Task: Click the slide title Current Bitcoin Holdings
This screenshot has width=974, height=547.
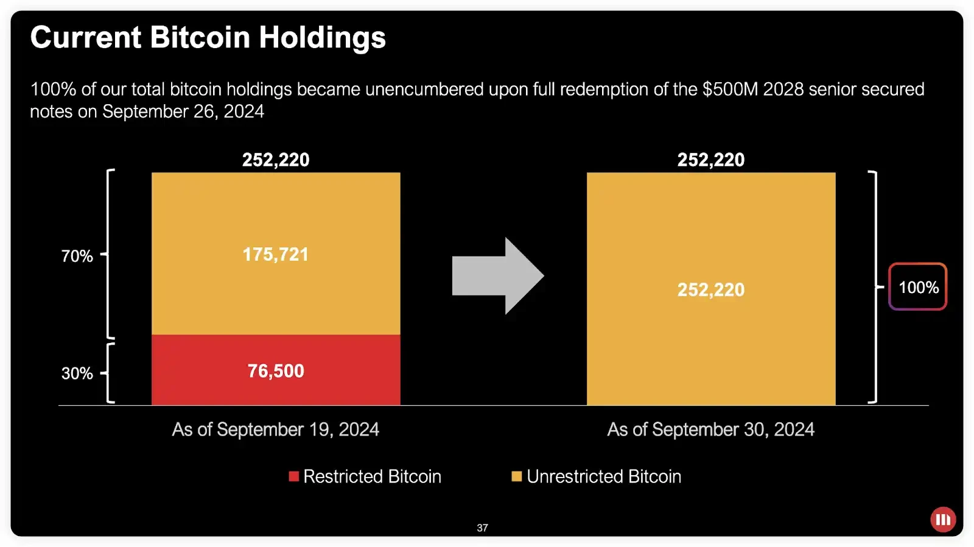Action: [x=208, y=37]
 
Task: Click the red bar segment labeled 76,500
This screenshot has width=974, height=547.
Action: [x=276, y=370]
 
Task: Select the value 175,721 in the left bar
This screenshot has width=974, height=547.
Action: [x=276, y=254]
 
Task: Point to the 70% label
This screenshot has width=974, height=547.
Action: [x=77, y=256]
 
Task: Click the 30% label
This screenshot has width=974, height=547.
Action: [x=77, y=373]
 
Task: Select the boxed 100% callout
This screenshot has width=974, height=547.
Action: [x=918, y=287]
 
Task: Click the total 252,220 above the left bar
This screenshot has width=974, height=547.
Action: [x=276, y=160]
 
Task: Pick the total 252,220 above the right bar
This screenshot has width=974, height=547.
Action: [x=711, y=160]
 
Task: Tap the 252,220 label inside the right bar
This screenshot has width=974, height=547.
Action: [x=711, y=289]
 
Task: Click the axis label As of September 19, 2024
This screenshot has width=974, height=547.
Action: [x=276, y=429]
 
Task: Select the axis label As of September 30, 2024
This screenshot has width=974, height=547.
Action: [x=711, y=429]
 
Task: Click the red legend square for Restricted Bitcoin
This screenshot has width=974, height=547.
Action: [x=294, y=476]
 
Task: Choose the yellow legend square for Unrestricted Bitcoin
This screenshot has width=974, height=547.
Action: [x=517, y=476]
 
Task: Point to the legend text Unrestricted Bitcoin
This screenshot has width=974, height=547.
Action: [x=604, y=476]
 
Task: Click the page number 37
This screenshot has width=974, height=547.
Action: [x=482, y=528]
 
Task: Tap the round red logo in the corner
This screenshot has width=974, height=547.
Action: [x=943, y=520]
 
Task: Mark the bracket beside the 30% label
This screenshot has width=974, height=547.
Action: [x=110, y=373]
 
